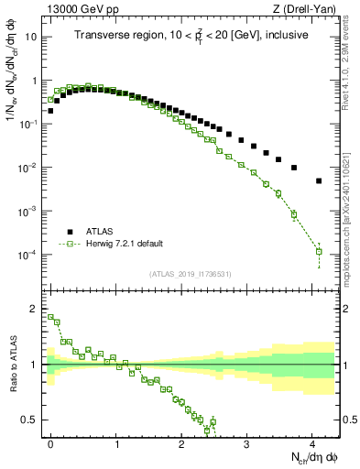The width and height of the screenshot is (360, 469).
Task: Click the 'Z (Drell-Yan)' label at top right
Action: coord(308,10)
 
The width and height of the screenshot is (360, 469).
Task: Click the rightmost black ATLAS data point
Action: coord(319,181)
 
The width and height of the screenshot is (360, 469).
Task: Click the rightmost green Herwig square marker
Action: coord(319,251)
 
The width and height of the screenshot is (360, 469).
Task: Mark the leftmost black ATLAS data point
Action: coord(50,111)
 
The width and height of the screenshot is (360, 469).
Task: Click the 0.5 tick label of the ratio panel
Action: coord(32,420)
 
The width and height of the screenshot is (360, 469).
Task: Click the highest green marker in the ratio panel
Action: coord(50,317)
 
